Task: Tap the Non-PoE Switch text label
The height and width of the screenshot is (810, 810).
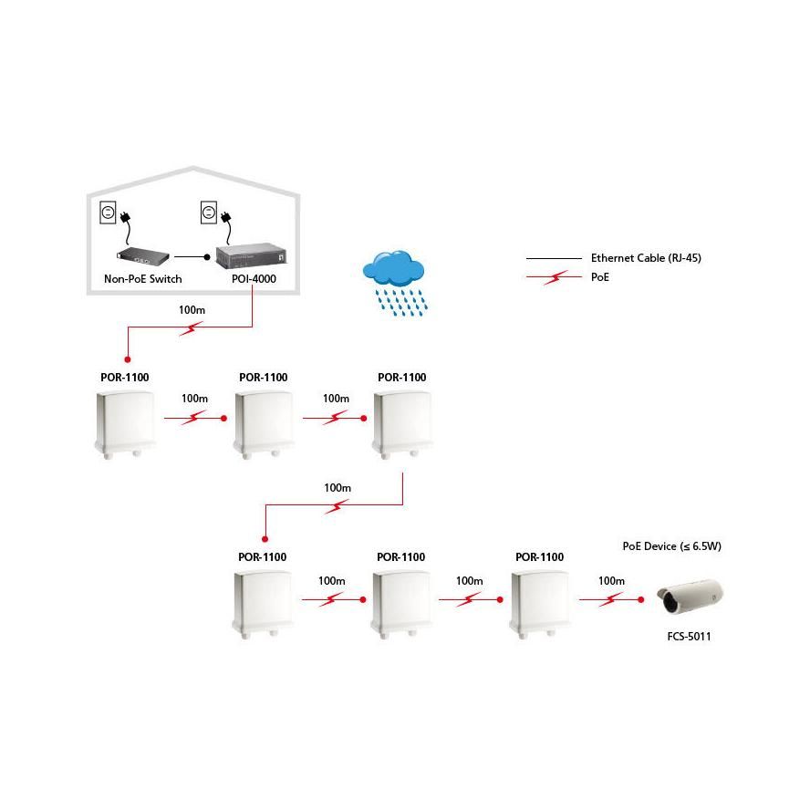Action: tap(143, 278)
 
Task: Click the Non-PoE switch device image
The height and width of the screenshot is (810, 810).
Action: tap(143, 256)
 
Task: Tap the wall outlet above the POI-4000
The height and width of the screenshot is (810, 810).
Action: tap(208, 213)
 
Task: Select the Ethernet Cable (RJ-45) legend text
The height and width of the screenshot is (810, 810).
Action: tap(646, 258)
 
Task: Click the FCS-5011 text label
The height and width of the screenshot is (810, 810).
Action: tap(688, 637)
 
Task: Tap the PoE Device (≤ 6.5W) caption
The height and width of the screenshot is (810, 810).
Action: tap(670, 546)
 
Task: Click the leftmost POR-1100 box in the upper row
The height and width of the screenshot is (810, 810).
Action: tap(125, 421)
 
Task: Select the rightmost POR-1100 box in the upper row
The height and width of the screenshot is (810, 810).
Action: tap(402, 421)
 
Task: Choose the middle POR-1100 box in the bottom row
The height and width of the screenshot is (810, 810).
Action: tap(401, 602)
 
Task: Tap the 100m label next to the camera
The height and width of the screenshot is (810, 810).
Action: tap(610, 581)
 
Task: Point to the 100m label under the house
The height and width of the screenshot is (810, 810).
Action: tap(192, 310)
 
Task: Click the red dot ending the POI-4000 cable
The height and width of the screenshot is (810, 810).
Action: tap(127, 360)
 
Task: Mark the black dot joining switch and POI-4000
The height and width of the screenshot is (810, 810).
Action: tap(207, 257)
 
